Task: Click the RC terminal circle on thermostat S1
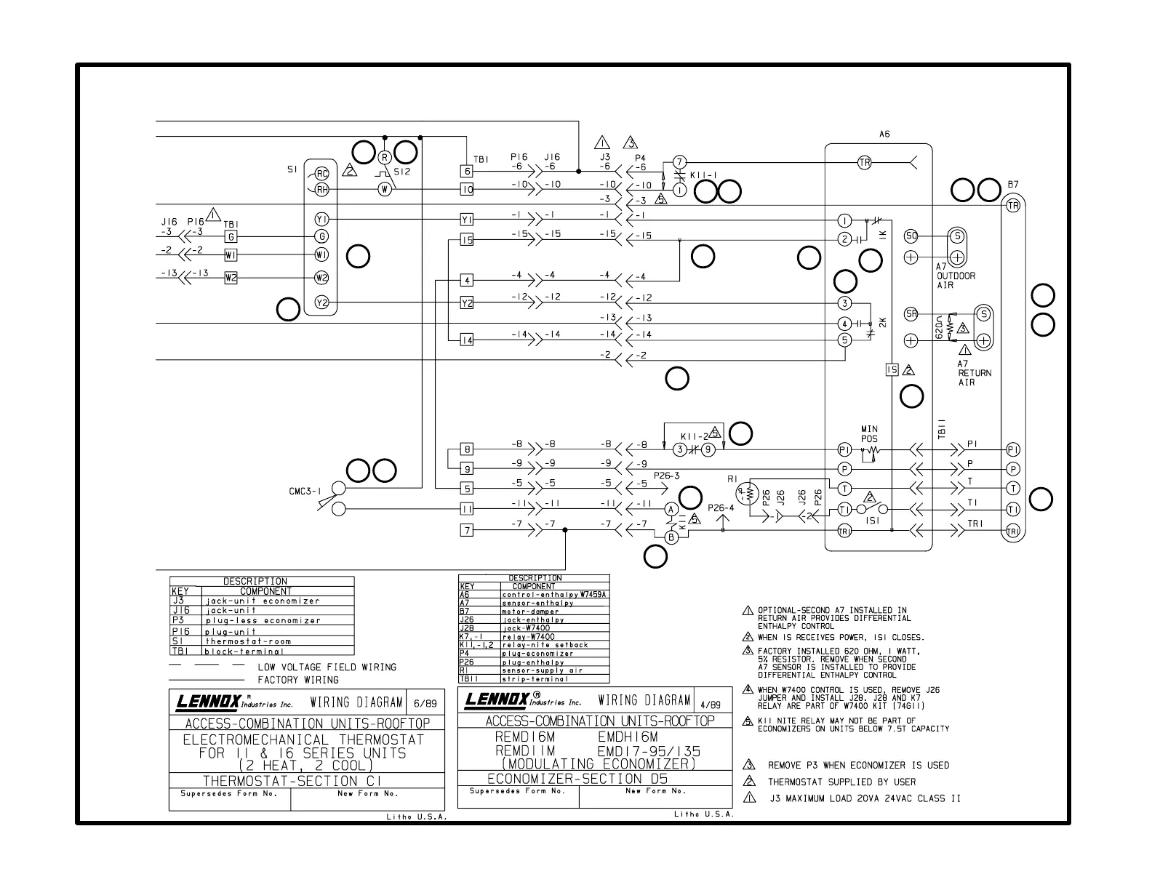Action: (x=322, y=173)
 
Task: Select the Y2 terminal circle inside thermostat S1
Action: (x=322, y=302)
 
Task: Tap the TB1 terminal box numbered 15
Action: (x=467, y=240)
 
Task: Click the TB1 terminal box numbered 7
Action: (x=467, y=530)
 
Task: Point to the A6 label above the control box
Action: (x=884, y=135)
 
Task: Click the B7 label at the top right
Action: (x=1013, y=185)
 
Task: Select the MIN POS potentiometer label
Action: (x=869, y=434)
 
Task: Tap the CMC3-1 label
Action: (x=305, y=492)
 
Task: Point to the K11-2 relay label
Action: (x=695, y=436)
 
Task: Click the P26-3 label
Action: (x=666, y=476)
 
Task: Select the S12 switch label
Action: (x=402, y=172)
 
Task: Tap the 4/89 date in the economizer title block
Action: (x=710, y=705)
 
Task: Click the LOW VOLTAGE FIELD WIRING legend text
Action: (x=327, y=667)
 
